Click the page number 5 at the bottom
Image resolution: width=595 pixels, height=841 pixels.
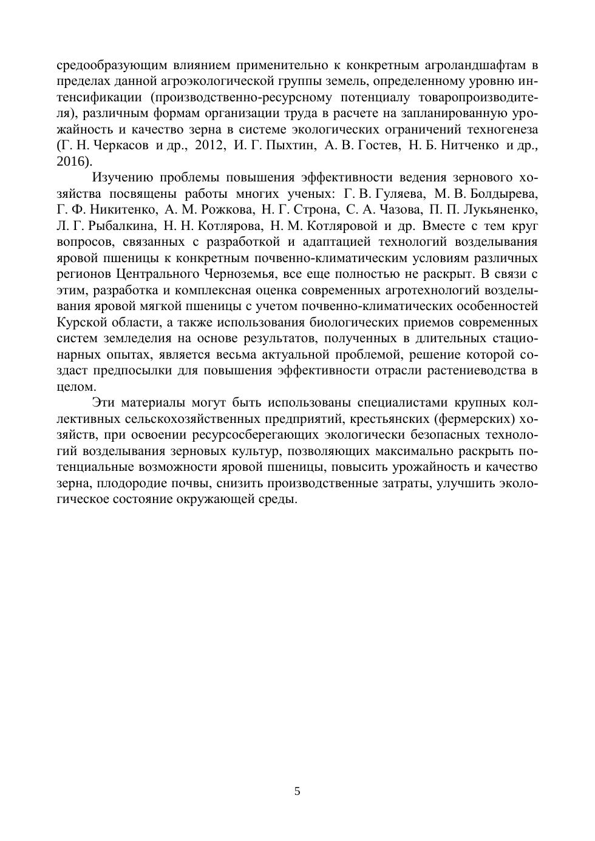pos(297,791)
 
